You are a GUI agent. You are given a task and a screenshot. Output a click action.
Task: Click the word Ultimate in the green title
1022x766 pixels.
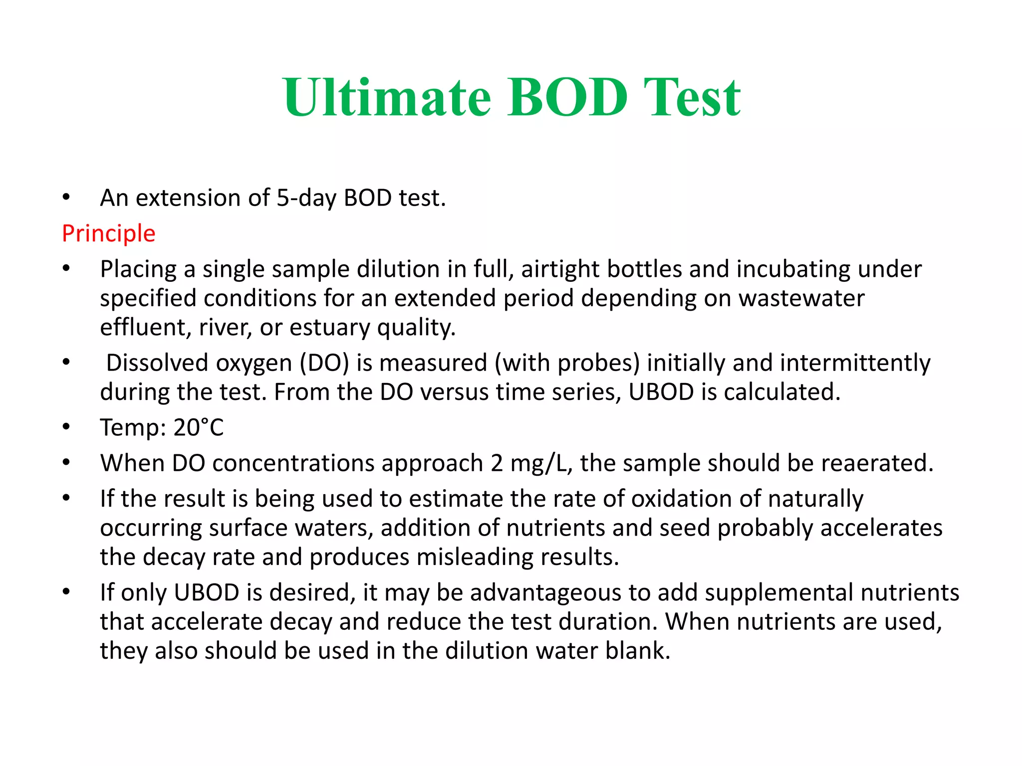click(x=387, y=98)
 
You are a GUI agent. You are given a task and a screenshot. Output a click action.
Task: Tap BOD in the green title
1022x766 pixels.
click(x=567, y=98)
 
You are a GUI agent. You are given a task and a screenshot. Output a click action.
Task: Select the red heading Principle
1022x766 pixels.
click(x=109, y=233)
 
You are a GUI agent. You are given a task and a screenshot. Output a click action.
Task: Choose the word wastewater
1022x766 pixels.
click(x=801, y=298)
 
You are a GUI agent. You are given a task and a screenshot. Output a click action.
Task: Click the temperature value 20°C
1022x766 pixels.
click(x=199, y=427)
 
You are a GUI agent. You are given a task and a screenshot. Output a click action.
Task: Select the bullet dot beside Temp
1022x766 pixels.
click(x=66, y=427)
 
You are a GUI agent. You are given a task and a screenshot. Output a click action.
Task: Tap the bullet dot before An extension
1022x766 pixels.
click(x=66, y=197)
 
